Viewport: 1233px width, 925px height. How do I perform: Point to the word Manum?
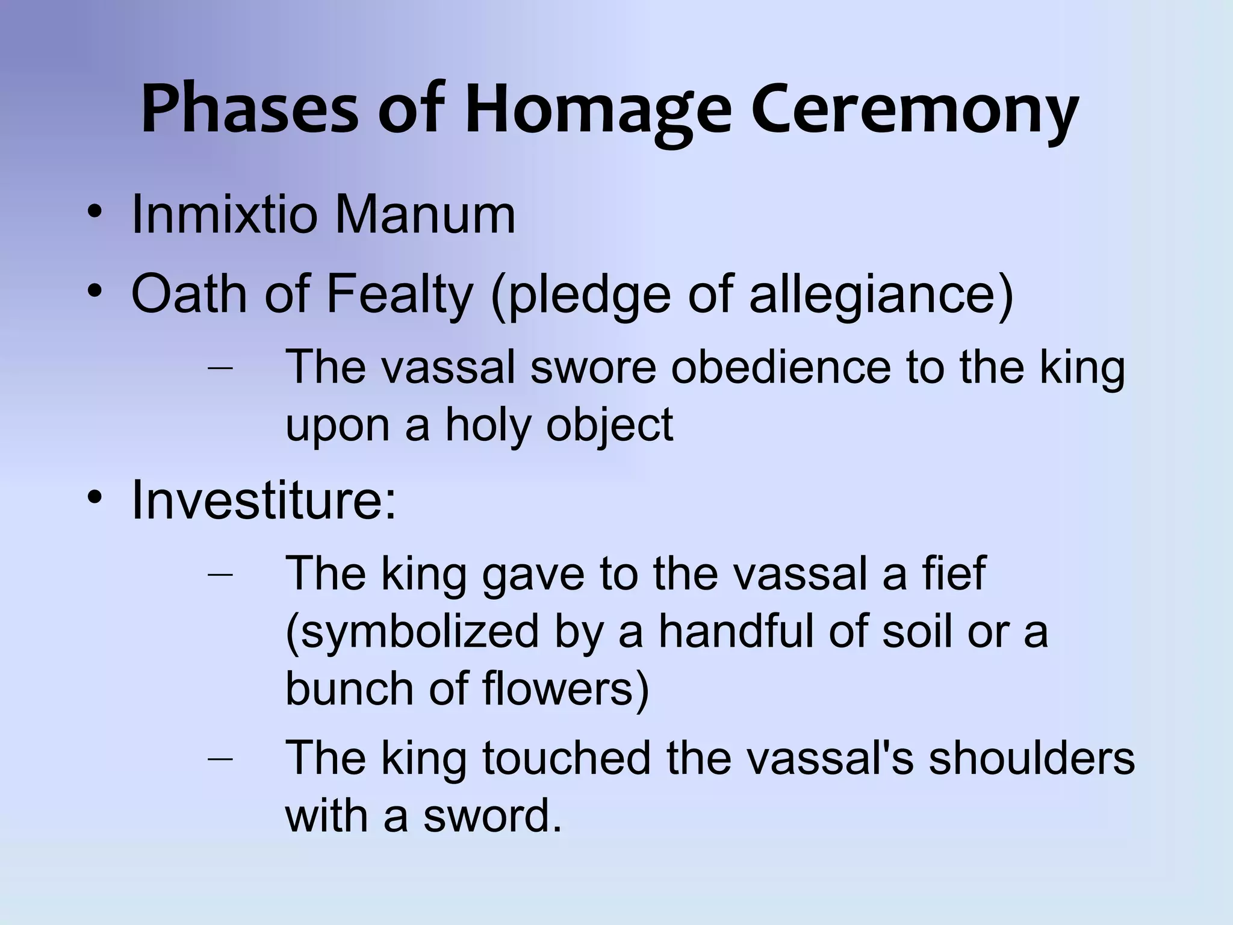point(425,215)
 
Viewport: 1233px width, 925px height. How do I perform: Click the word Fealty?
point(399,295)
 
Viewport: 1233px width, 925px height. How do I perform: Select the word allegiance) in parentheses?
point(881,295)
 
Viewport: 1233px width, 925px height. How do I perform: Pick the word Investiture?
point(264,500)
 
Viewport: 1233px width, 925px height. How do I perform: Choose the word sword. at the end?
point(492,816)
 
